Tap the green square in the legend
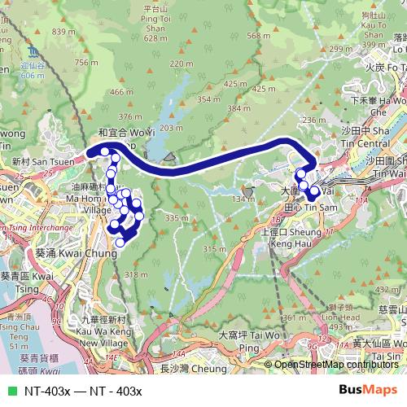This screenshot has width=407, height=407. [11, 391]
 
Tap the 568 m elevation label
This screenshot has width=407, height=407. [259, 36]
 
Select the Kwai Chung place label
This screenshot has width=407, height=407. [72, 253]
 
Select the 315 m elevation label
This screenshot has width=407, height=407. [213, 247]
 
